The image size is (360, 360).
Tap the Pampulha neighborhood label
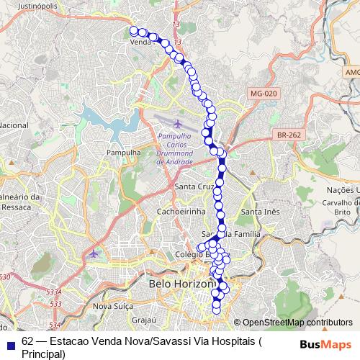pos(122,153)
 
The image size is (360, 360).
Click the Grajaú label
pos(145,318)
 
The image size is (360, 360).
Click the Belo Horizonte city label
pos(181,284)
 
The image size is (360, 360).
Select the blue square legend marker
pos(10,343)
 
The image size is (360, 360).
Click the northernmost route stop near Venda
pos(133,30)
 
